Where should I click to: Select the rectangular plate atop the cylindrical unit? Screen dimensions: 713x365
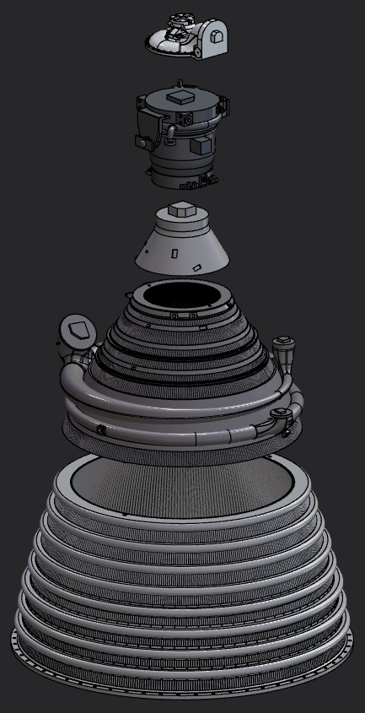coord(180,97)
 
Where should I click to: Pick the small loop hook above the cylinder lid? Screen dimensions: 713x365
coord(180,82)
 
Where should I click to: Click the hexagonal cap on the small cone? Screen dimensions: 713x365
coord(180,208)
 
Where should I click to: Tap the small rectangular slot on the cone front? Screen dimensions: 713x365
coord(174,252)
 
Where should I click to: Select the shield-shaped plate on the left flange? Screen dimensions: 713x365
coord(78,330)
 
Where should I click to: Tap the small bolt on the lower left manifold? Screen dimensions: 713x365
coord(100,429)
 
